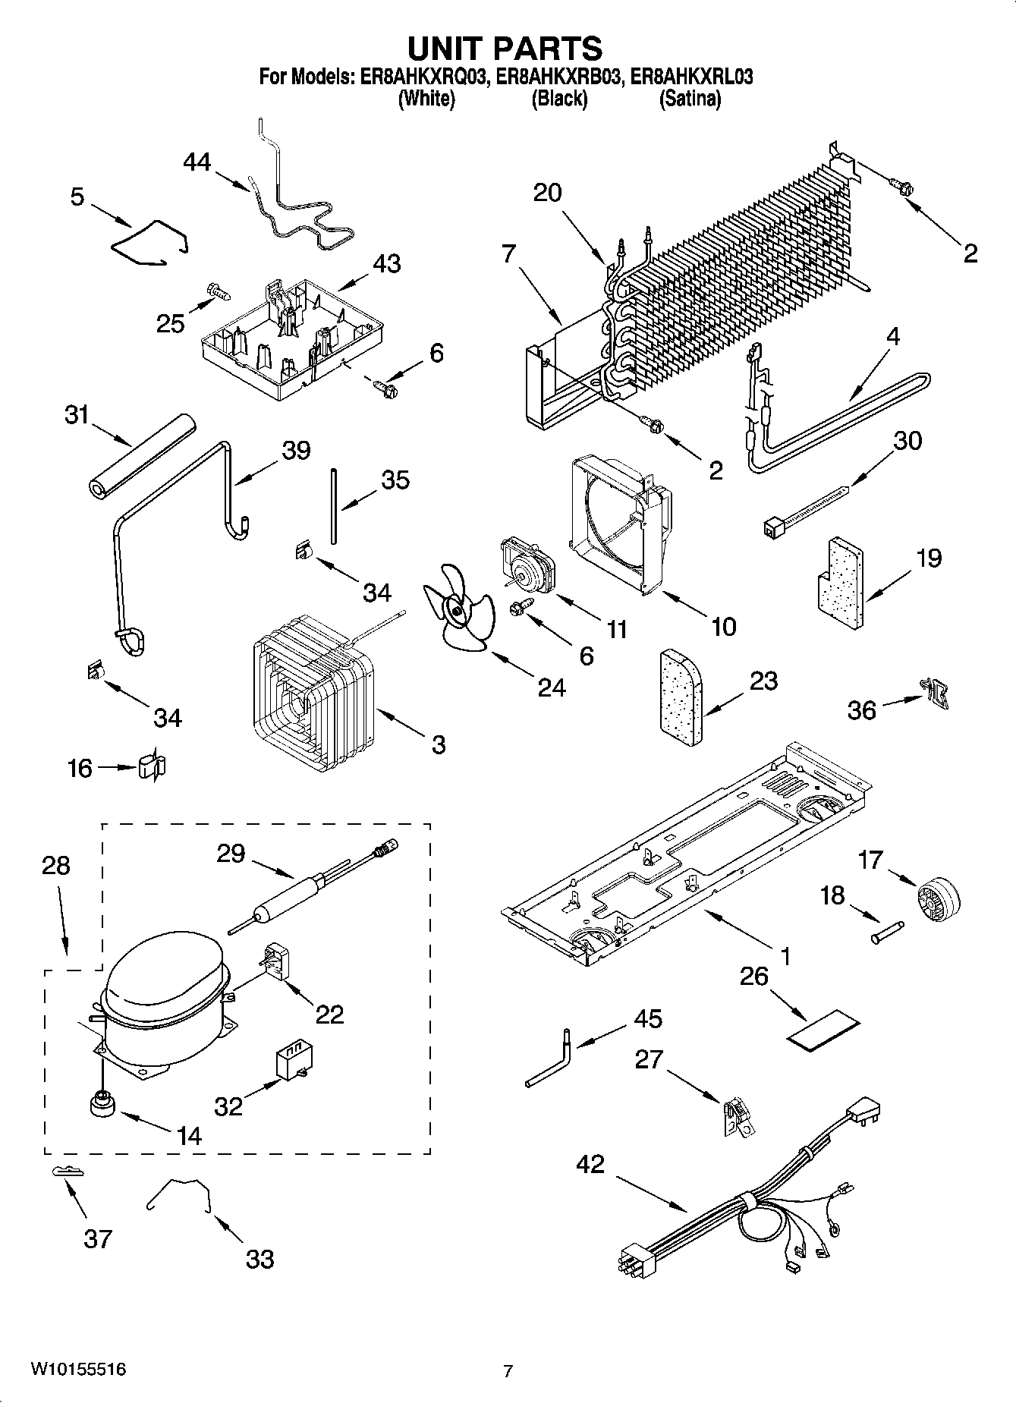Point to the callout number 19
coord(928,558)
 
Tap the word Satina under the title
coord(690,99)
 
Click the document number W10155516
coord(78,1370)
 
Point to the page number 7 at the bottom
coord(508,1370)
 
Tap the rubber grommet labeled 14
coord(100,1105)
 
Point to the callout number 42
coord(590,1163)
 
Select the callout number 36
coord(861,710)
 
